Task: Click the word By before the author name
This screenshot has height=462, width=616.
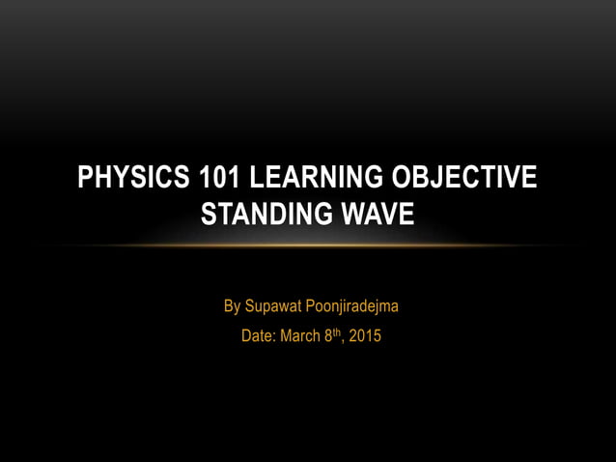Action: point(232,306)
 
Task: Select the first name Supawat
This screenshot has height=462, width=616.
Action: point(274,306)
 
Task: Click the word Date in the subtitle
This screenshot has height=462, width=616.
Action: point(256,337)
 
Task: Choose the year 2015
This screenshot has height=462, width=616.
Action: point(365,337)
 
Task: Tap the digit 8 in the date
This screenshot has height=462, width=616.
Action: point(328,337)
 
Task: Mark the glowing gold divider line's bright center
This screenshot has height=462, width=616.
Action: point(308,245)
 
